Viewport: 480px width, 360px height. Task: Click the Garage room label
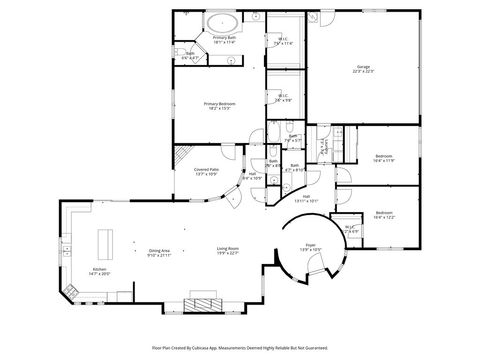(363, 69)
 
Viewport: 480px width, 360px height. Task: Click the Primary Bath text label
(224, 39)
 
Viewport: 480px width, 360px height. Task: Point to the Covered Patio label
(207, 172)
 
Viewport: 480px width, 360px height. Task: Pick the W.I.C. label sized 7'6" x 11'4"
(283, 42)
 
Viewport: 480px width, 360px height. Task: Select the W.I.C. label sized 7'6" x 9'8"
(283, 98)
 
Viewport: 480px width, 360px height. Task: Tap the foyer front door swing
(315, 262)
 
